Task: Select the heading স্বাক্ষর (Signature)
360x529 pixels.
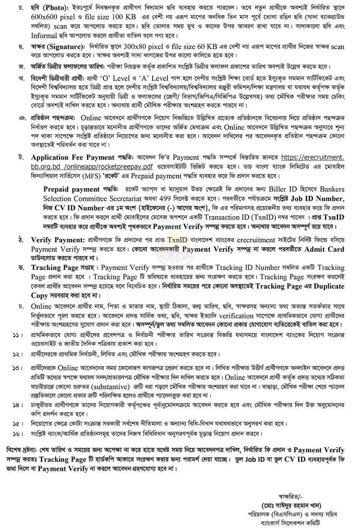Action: coord(58,47)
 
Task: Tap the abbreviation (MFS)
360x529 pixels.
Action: coord(100,176)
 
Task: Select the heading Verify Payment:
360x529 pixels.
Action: coord(57,240)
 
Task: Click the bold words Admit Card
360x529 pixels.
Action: coord(324,249)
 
